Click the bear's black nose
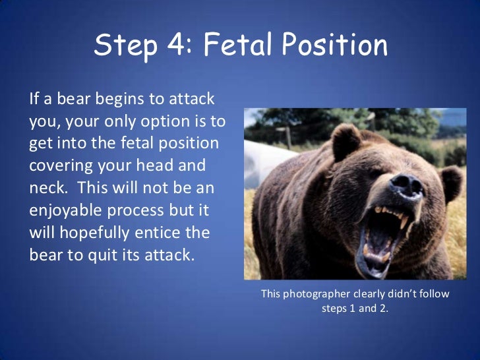coord(404,187)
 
